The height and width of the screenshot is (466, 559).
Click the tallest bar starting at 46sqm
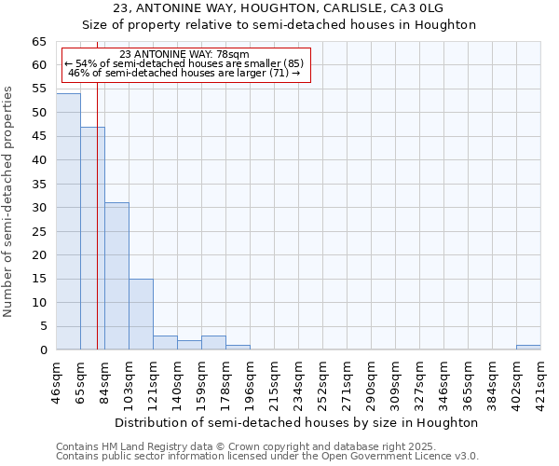68,222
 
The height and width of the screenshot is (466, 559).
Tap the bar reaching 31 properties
116,276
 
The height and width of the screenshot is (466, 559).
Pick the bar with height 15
141,314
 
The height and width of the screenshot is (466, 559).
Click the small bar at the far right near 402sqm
528,347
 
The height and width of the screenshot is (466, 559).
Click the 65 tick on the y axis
38,42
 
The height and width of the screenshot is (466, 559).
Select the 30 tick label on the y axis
38,208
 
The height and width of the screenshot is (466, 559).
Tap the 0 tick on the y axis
42,350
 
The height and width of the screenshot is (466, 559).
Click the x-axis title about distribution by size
296,422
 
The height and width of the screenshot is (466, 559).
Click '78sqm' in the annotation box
231,55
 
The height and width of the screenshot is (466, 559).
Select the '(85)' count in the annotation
290,63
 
